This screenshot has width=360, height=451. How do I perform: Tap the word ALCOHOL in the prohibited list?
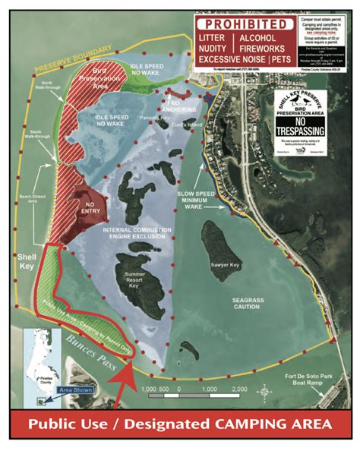tap(258, 36)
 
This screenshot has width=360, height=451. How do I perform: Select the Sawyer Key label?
tap(225, 264)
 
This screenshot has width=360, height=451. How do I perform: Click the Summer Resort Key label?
tap(135, 279)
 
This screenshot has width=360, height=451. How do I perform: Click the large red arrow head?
tap(129, 377)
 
